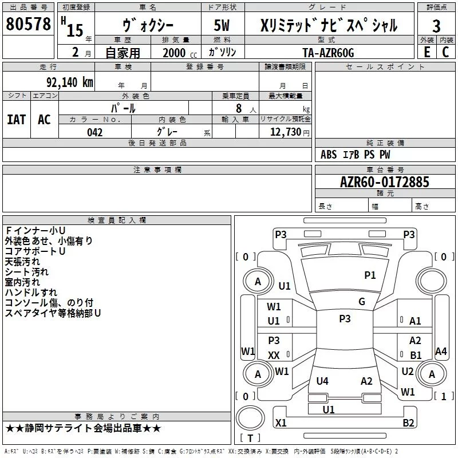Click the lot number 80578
coord(28,24)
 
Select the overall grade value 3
coord(436,26)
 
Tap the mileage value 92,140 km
coord(69,82)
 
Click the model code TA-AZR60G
coord(328,53)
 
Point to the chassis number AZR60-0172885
coord(385,182)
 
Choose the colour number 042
coord(94,132)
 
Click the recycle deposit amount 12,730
coord(285,132)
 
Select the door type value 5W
coord(222,25)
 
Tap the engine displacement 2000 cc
coord(180,53)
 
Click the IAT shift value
coord(17,120)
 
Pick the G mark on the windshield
coord(362,302)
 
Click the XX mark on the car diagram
coord(274,356)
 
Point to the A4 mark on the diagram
coord(441,351)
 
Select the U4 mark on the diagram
coord(322,381)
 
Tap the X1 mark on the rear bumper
coord(281,423)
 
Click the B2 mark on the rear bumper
coord(408,423)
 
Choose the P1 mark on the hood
coord(370,275)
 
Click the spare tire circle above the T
coord(250,418)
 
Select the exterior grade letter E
coord(427,52)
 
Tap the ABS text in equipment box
coord(329,155)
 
